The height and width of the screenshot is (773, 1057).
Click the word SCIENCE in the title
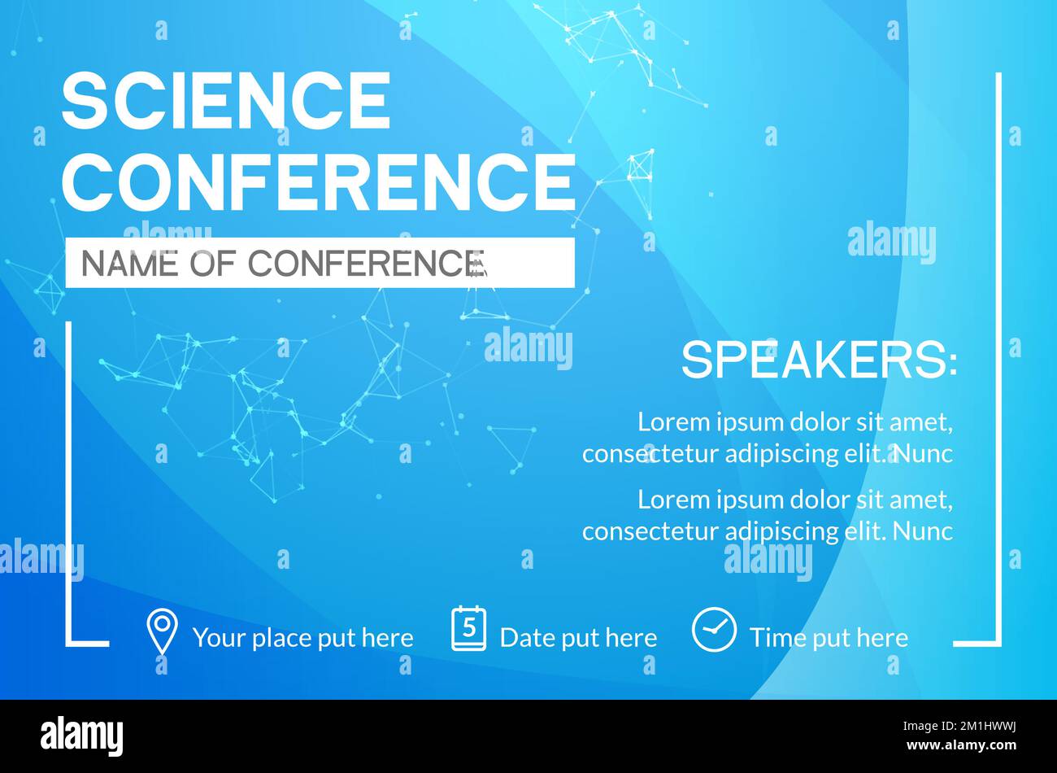pos(225,100)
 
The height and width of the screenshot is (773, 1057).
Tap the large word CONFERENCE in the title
pos(319,181)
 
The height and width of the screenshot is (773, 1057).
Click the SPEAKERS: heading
pos(820,360)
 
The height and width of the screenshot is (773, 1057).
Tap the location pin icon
pos(162,631)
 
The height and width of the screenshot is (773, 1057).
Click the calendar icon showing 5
pos(468,628)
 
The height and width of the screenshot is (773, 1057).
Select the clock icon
pos(714,630)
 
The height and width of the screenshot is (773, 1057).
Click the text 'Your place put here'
pos(303,638)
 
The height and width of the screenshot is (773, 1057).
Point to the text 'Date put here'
pos(579,638)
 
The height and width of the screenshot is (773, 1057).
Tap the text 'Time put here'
pos(829,638)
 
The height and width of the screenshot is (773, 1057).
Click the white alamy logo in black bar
pos(81,736)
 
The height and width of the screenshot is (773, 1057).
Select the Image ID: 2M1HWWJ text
pos(959,727)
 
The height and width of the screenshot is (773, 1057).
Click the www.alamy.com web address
pos(961,745)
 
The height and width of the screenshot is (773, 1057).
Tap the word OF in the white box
pos(212,263)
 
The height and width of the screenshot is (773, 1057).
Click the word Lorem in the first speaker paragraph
pos(674,421)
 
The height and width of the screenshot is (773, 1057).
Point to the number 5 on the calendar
pos(469,627)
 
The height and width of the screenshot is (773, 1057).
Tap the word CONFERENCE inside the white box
pos(367,263)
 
